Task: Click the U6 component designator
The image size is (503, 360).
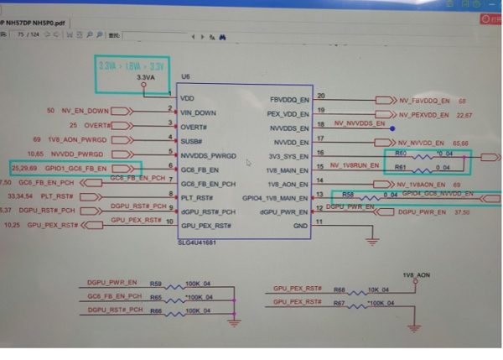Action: click(x=184, y=77)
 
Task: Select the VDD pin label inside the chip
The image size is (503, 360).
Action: click(x=187, y=97)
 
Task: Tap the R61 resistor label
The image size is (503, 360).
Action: click(x=400, y=169)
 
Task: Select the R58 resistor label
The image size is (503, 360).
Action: click(x=348, y=195)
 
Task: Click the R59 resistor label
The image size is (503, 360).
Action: click(x=155, y=284)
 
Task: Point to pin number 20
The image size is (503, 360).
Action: click(x=321, y=96)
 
